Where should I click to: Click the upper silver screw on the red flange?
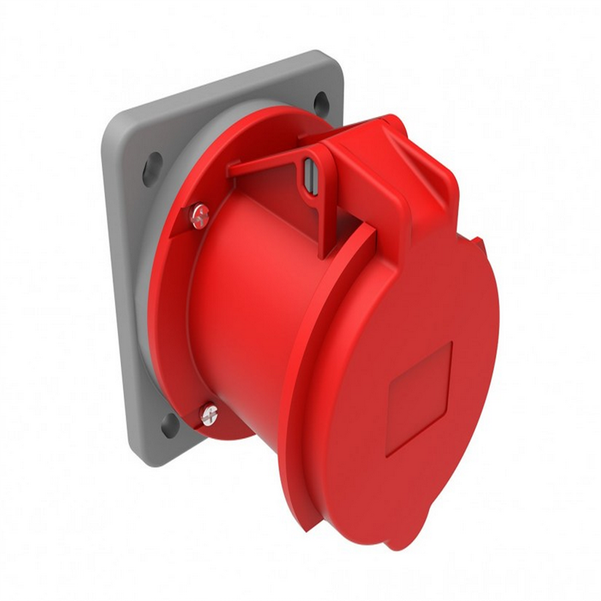[199, 216]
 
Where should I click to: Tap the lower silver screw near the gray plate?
[209, 415]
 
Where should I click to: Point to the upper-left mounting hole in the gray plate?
[152, 169]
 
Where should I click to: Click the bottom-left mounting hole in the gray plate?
[170, 425]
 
